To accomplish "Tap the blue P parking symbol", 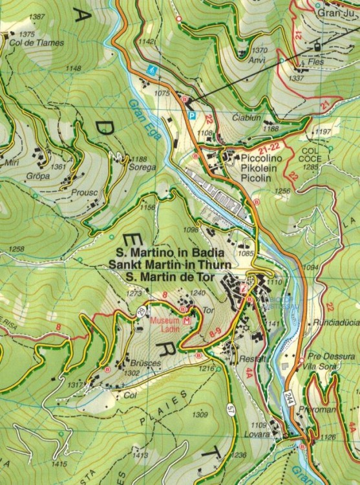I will pos(191,115).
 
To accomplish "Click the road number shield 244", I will pos(289,398).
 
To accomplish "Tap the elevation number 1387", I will pos(37,17).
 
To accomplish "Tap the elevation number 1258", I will pos(17,249).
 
